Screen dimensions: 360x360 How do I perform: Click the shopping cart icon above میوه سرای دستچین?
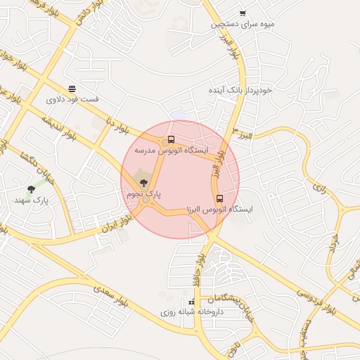point(243,13)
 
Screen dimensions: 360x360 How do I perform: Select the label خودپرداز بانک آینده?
point(240,91)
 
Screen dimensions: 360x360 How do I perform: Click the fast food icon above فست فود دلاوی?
point(72,89)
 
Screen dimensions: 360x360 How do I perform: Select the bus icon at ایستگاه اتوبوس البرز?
point(219,198)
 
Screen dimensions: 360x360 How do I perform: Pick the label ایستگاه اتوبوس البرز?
point(220,210)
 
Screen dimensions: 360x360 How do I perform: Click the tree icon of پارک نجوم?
point(144,182)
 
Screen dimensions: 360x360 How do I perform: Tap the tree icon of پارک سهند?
point(31,189)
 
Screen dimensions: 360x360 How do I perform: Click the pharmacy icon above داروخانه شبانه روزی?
point(191,302)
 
